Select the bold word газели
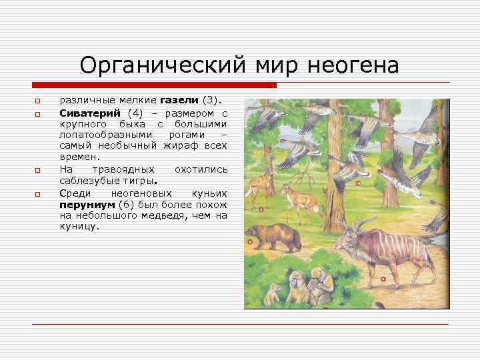(179, 101)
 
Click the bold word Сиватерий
(86, 113)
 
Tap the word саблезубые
(85, 181)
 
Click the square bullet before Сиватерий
(38, 114)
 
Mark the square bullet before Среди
(38, 193)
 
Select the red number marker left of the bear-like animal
(249, 241)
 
